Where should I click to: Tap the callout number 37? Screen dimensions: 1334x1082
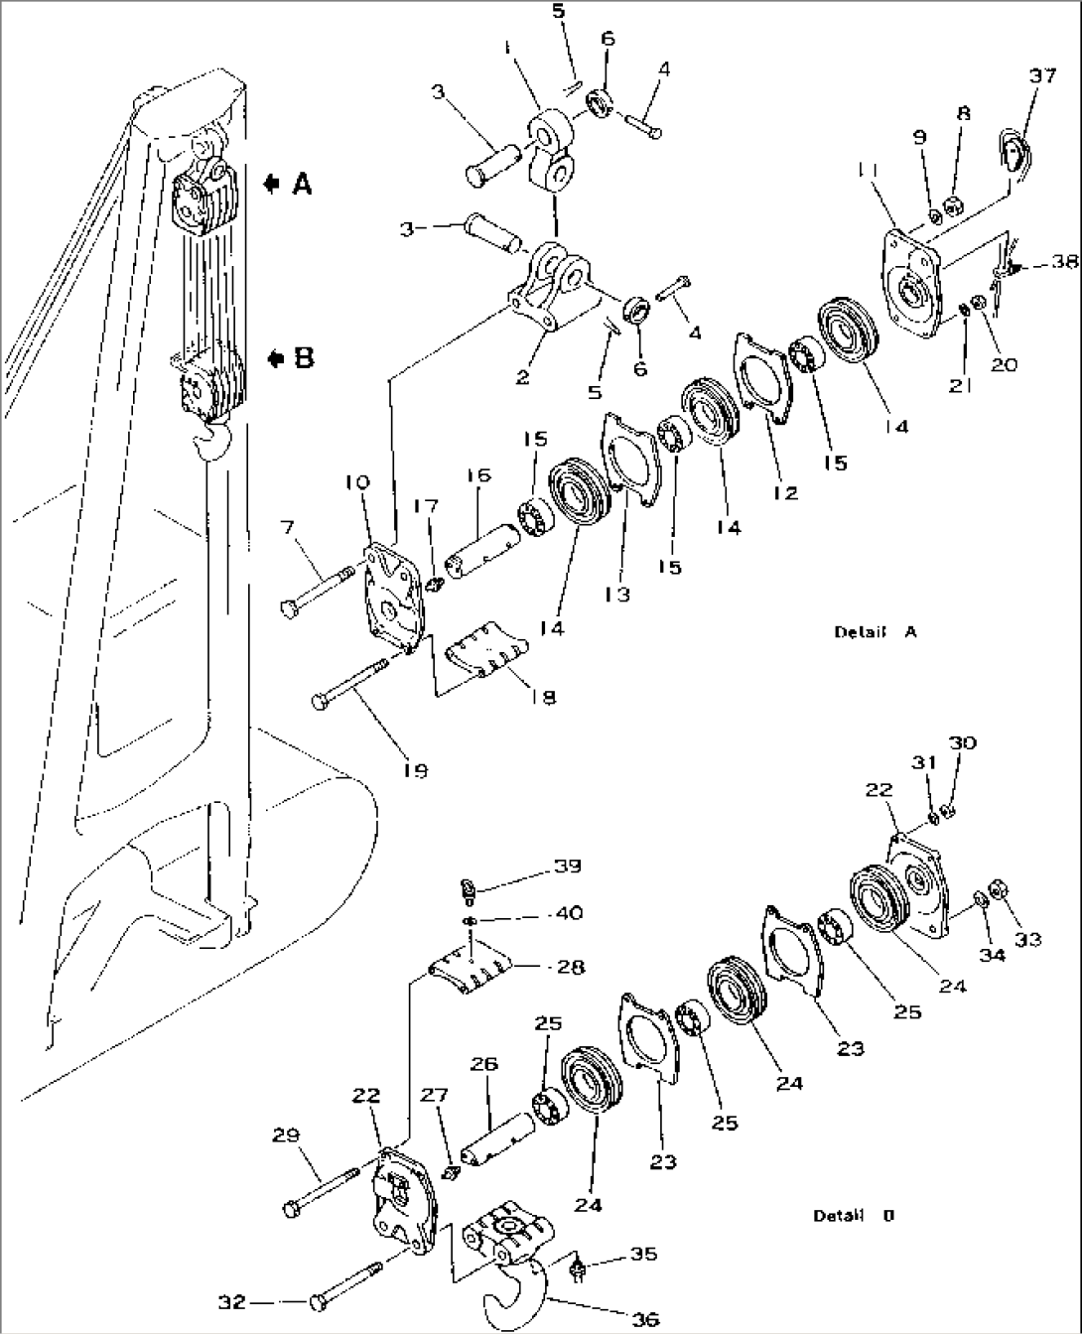(x=1041, y=76)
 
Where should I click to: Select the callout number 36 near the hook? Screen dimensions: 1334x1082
(x=644, y=1319)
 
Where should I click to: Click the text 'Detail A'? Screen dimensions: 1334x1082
(x=875, y=631)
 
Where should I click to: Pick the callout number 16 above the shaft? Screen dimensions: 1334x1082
(x=477, y=475)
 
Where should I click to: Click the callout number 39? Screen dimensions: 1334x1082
(x=568, y=866)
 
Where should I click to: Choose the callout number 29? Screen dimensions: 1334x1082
(x=287, y=1134)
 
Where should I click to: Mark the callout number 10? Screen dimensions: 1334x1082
(x=358, y=482)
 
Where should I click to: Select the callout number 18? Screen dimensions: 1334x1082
(x=543, y=697)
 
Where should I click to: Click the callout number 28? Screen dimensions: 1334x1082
(x=570, y=966)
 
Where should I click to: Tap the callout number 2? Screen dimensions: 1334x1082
(x=522, y=376)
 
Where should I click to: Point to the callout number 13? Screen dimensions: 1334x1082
(x=617, y=594)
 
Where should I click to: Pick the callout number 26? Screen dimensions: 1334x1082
(x=483, y=1065)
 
